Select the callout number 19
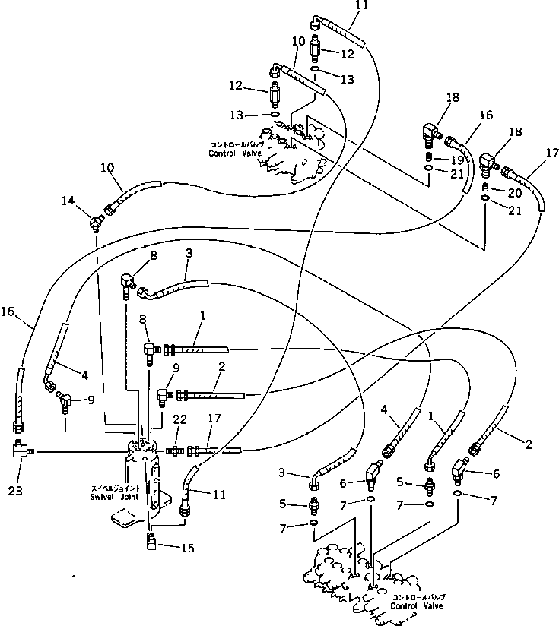point(456,160)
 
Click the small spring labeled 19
point(430,159)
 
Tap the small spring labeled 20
point(487,188)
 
